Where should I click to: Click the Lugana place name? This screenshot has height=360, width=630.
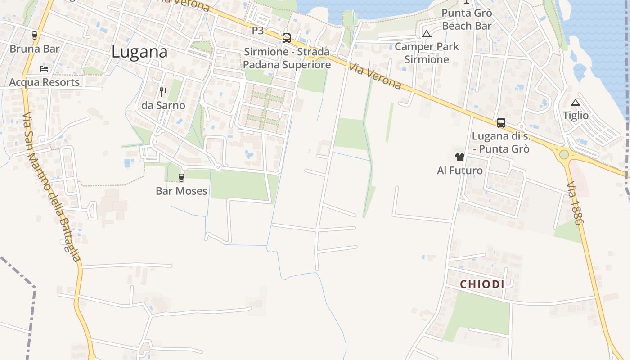[139, 52]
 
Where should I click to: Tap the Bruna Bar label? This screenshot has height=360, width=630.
[35, 49]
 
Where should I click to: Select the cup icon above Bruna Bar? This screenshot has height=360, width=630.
[35, 36]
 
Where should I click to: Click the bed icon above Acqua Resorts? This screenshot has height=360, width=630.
[44, 69]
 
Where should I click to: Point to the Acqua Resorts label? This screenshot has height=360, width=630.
[44, 82]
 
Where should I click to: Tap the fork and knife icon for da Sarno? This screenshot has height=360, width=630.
[163, 92]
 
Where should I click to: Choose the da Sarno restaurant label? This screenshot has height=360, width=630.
[163, 105]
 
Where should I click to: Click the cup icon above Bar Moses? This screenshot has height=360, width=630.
[181, 178]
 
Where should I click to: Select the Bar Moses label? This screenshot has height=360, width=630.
[181, 191]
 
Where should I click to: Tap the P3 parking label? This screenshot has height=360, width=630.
[258, 31]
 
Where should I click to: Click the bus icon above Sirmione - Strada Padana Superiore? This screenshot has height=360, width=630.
[287, 38]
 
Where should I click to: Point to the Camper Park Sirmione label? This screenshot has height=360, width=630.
[427, 53]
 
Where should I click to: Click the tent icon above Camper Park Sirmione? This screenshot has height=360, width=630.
[427, 34]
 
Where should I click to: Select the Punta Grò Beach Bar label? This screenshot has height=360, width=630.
[467, 19]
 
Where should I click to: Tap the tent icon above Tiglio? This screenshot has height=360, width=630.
[576, 103]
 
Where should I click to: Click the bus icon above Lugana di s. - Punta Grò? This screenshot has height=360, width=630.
[501, 122]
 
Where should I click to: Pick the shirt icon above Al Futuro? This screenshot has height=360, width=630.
[459, 157]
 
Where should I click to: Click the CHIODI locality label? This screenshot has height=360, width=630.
[482, 284]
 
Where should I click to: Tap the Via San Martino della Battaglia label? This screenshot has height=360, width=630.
[52, 187]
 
